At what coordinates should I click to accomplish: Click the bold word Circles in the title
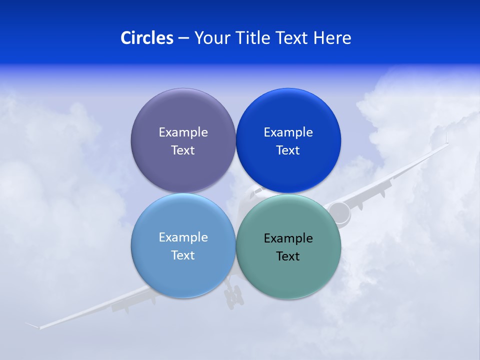147,38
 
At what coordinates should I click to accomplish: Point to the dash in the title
183,38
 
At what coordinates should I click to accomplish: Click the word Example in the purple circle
183,132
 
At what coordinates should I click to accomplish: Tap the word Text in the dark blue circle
288,150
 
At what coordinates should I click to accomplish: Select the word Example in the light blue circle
183,237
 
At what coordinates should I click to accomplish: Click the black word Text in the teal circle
288,256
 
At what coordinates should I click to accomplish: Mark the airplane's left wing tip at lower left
33,325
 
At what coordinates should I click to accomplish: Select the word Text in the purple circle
183,150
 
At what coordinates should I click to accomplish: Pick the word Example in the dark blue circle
288,132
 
